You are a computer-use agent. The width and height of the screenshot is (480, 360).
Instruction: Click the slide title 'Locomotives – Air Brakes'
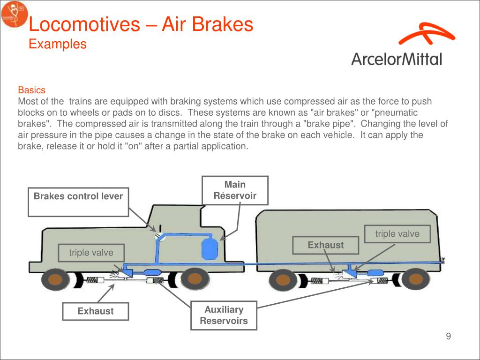[141, 24]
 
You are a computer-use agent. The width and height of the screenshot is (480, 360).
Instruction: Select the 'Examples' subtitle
[58, 44]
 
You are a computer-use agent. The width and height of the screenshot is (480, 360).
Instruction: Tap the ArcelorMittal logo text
[397, 59]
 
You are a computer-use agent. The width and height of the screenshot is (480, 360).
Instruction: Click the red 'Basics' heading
[31, 90]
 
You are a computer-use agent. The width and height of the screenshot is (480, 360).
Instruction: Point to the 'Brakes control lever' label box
[78, 202]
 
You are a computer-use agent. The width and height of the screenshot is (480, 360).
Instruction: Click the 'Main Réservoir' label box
[235, 190]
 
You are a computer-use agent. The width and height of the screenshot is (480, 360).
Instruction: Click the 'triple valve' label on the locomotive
[91, 253]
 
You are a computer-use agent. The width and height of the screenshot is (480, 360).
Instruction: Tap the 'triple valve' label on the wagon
[397, 234]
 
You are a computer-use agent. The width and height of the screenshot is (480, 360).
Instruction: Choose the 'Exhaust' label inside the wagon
[325, 245]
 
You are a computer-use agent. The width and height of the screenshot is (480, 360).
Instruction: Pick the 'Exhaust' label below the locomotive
[96, 311]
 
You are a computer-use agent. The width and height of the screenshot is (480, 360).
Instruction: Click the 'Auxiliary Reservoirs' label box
[224, 315]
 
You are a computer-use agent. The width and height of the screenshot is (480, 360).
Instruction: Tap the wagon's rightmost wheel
[414, 280]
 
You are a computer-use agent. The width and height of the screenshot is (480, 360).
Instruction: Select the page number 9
[448, 336]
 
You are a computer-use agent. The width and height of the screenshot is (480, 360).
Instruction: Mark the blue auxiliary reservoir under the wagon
[373, 273]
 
